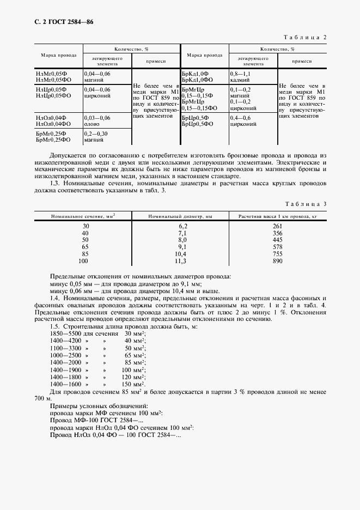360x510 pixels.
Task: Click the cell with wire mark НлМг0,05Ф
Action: click(x=51, y=74)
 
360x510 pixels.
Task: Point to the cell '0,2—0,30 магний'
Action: click(x=97, y=137)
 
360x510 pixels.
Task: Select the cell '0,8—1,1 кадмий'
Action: click(x=242, y=76)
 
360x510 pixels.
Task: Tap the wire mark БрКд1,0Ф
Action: click(x=195, y=74)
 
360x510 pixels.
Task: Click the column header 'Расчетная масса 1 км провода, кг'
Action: click(x=277, y=216)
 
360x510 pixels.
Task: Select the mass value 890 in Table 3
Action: click(x=277, y=262)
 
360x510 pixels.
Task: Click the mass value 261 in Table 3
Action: click(x=277, y=226)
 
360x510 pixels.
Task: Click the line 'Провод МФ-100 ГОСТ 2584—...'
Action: click(x=96, y=420)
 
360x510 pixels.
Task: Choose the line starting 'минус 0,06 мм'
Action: click(x=126, y=292)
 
